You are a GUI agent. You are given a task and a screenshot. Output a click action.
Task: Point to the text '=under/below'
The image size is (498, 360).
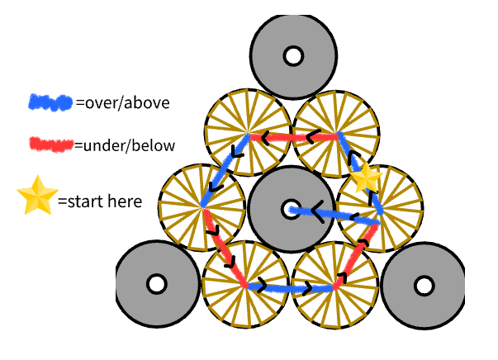tap(125, 146)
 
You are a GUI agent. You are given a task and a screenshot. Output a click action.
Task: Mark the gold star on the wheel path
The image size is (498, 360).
tap(363, 177)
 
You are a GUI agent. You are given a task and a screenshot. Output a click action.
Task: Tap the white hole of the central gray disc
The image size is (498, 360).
tap(290, 210)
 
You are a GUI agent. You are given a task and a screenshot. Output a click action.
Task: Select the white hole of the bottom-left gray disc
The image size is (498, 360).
tap(154, 285)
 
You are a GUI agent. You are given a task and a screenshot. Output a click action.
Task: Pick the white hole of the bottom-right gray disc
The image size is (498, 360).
tap(424, 286)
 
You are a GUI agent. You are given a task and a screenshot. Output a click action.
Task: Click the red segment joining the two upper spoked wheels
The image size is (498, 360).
tap(294, 136)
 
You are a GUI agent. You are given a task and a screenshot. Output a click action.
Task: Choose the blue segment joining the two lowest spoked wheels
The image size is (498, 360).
tap(291, 289)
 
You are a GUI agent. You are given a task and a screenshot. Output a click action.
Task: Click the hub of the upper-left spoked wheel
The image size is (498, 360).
tap(248, 132)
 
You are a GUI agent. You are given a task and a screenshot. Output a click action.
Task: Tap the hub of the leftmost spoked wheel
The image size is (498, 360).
tap(203, 208)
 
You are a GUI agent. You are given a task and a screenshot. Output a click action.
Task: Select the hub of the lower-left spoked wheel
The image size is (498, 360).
tap(245, 285)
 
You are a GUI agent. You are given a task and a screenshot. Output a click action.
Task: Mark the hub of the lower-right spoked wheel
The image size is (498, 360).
tap(335, 286)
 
